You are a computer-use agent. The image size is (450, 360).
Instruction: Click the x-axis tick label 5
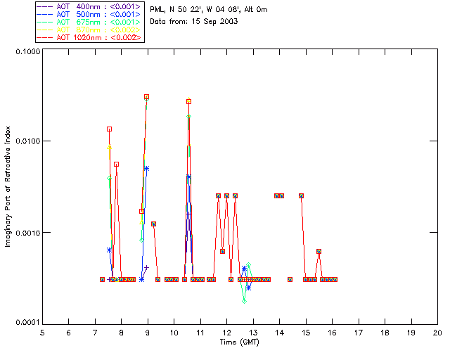(42, 333)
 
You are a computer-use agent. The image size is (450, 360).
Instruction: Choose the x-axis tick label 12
(226, 333)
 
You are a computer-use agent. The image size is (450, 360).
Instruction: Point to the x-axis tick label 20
(437, 333)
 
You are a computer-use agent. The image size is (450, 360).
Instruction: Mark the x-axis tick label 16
(332, 333)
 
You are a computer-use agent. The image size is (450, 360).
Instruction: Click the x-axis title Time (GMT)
(239, 342)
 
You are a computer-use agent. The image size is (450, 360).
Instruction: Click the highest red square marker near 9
(146, 97)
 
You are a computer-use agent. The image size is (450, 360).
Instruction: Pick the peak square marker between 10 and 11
(188, 101)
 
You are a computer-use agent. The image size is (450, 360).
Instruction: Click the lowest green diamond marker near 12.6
(244, 301)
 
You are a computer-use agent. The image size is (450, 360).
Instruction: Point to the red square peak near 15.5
(319, 251)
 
